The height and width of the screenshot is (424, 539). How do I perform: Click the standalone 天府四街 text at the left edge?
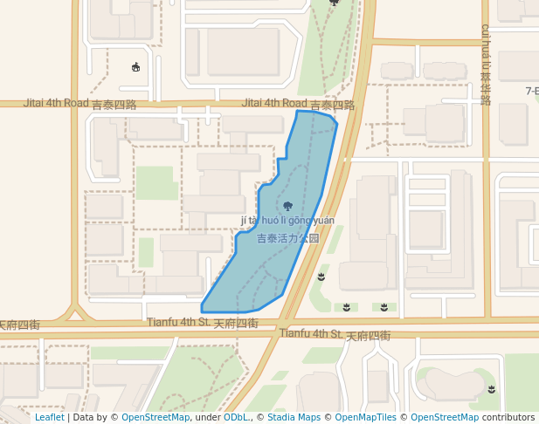(19, 325)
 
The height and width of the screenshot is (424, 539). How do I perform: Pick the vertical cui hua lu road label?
(486, 65)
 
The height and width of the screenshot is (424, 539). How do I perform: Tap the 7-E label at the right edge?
(531, 91)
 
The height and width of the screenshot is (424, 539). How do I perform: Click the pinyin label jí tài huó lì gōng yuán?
(287, 221)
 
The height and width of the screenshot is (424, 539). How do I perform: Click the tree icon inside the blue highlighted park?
(287, 206)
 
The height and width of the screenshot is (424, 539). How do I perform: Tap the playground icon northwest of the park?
(135, 66)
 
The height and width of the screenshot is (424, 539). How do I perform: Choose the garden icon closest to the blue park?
(321, 277)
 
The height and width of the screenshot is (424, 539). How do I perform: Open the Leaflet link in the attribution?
(49, 418)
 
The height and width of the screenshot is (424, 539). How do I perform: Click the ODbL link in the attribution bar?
(236, 418)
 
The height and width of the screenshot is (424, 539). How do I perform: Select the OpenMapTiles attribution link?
(366, 418)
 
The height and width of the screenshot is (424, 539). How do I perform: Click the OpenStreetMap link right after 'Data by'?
(155, 418)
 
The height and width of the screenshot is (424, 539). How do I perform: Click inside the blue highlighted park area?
(262, 262)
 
